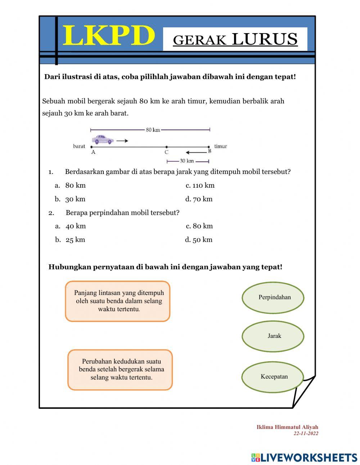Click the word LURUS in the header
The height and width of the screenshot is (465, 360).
(265, 39)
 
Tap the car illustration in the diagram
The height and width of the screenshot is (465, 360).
(103, 139)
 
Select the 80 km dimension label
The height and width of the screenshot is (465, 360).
(153, 130)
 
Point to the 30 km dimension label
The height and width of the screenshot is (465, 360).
(187, 161)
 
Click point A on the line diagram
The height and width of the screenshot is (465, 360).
(92, 147)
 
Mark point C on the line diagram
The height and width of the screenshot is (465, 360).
(166, 147)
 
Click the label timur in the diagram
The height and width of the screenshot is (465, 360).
(220, 146)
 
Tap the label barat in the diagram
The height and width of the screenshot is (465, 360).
(79, 146)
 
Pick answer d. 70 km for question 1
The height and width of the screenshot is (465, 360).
(199, 199)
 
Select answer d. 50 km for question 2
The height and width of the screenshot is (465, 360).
(199, 240)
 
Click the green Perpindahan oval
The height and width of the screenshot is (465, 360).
(273, 298)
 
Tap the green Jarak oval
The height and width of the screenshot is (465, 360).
(273, 336)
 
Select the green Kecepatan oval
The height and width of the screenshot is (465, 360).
(273, 377)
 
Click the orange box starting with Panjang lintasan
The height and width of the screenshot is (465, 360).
(118, 301)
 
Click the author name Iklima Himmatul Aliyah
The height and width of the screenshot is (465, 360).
(287, 427)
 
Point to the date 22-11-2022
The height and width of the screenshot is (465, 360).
(306, 434)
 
